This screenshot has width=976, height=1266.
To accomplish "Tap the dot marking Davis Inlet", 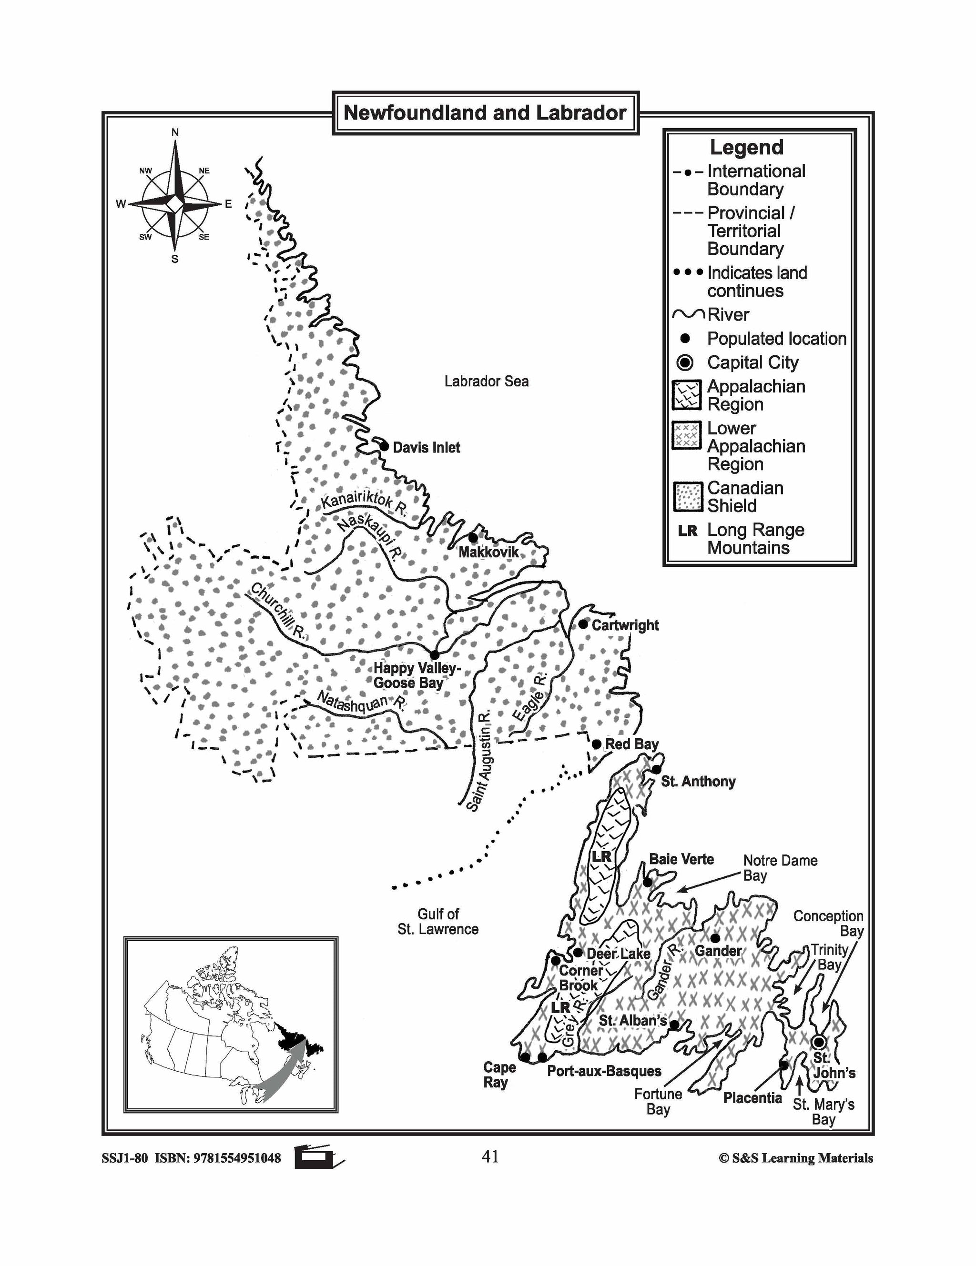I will click(x=384, y=446).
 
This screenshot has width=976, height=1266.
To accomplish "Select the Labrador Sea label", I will click(x=486, y=382).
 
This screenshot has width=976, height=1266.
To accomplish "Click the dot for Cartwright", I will click(x=583, y=624).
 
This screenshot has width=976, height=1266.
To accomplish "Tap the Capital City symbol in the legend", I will click(x=685, y=363).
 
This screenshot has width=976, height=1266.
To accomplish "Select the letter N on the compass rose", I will click(x=175, y=133).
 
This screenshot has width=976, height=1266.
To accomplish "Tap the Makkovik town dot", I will click(x=473, y=537).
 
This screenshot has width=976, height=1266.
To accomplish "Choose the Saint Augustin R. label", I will click(x=481, y=759).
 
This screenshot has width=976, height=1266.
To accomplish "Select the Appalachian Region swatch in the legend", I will click(x=687, y=395).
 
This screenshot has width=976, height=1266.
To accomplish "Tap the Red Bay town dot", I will click(x=596, y=744).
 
